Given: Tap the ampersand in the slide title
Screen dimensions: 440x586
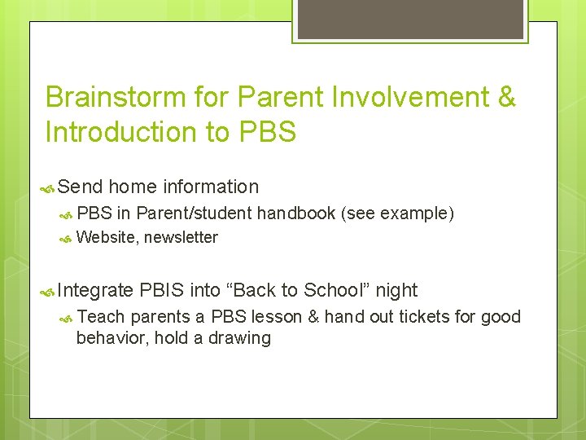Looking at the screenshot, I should (x=505, y=97).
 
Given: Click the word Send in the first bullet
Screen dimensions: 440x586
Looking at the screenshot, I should (x=80, y=187).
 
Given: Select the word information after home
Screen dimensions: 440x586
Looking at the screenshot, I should (x=211, y=187).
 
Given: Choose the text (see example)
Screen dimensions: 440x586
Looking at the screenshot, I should (x=397, y=213).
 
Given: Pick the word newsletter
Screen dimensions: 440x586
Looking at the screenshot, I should (x=181, y=237).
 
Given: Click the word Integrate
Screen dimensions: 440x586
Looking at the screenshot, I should (x=96, y=290).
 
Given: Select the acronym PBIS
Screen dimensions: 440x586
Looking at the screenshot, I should (x=162, y=290).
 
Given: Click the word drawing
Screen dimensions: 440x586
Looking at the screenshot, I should (x=238, y=337).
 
